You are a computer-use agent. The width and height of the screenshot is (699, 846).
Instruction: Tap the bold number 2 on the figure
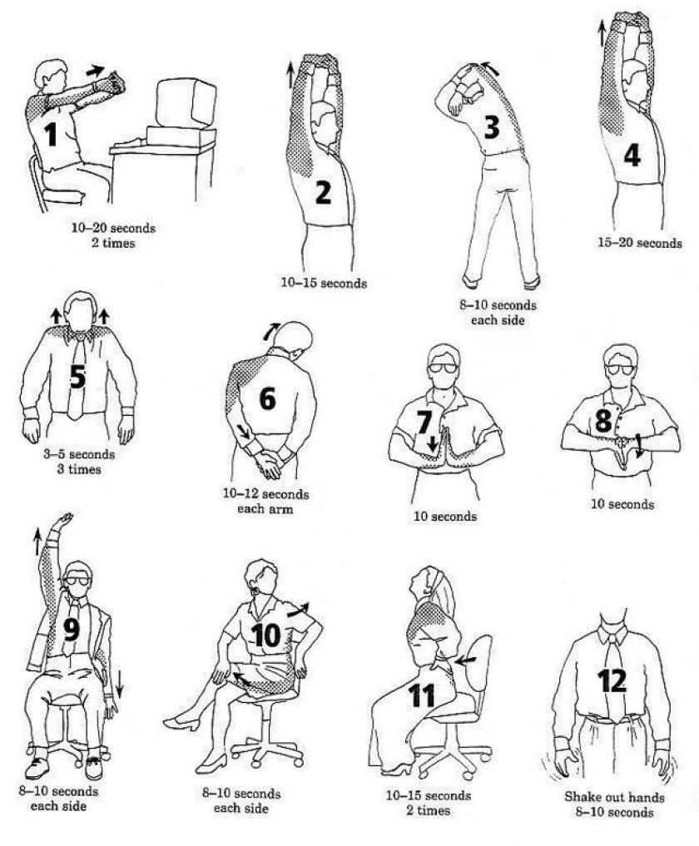tap(323, 193)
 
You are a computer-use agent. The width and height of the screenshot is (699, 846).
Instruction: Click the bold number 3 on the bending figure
tap(492, 127)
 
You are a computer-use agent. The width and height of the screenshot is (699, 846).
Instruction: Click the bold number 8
tap(603, 421)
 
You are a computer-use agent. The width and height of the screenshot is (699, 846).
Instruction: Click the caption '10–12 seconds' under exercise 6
tap(266, 494)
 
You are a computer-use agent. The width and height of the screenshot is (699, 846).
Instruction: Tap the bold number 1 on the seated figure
tap(52, 134)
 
